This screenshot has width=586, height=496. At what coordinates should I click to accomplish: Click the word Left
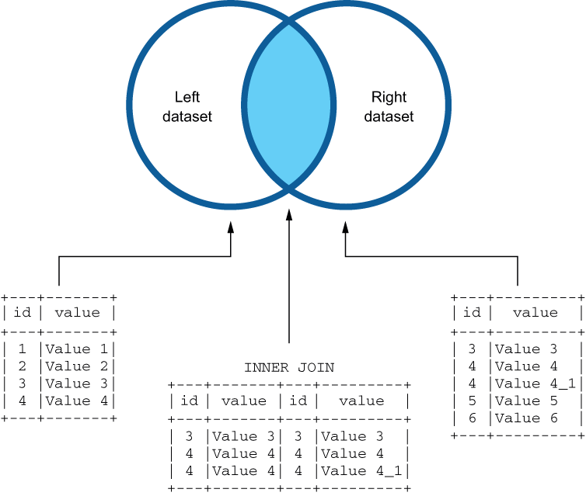pos(187,98)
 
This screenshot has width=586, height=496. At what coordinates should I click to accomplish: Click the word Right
pos(389,98)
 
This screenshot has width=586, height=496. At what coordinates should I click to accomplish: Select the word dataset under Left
pos(187,116)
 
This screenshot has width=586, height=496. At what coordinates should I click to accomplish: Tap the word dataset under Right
pos(389,116)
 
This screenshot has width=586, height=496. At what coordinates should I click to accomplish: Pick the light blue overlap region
pos(288,105)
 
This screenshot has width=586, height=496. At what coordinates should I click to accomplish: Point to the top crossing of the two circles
pos(288,23)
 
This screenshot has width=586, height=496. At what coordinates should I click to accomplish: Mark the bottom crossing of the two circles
pos(288,186)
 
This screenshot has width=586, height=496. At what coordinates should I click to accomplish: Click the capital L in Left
pos(178,98)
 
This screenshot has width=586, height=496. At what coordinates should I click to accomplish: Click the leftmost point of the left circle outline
pos(129,105)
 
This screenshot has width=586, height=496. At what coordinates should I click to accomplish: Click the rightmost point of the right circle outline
pos(448,105)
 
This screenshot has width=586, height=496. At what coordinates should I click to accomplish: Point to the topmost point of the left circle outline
pos(231,3)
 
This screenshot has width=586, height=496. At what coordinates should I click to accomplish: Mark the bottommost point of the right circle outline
pos(346,206)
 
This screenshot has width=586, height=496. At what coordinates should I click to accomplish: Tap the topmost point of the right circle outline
pos(346,3)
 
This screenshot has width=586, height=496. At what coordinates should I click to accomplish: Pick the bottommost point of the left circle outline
pos(231,206)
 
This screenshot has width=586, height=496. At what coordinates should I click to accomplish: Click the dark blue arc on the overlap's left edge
pos(245,105)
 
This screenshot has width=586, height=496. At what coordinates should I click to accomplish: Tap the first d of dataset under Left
pos(167,116)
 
